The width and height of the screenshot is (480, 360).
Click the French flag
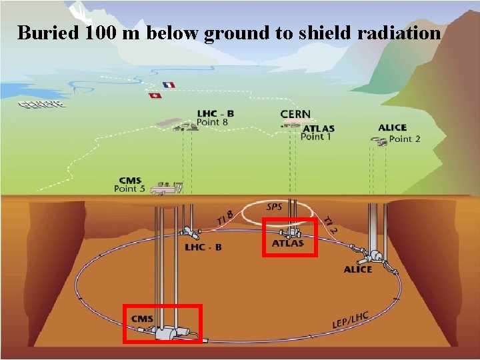tap(169, 85)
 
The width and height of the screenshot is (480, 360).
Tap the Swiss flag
tap(155, 96)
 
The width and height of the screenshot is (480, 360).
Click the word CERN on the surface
tap(295, 115)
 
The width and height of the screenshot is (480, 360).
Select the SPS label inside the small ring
tap(274, 207)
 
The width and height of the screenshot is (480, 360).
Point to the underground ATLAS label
tap(287, 243)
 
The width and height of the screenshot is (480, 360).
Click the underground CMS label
tap(142, 319)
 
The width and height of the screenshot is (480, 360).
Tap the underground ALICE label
tap(358, 269)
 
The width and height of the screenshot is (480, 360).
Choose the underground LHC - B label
tap(203, 247)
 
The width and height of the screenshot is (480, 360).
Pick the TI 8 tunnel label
tap(225, 217)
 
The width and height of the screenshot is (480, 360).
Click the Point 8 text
tap(212, 123)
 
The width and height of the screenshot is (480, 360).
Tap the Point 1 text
tap(316, 137)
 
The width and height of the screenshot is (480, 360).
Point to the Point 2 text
tap(405, 139)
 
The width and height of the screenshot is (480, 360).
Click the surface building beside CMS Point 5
tap(166, 190)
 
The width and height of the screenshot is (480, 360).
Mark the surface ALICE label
tap(392, 127)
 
